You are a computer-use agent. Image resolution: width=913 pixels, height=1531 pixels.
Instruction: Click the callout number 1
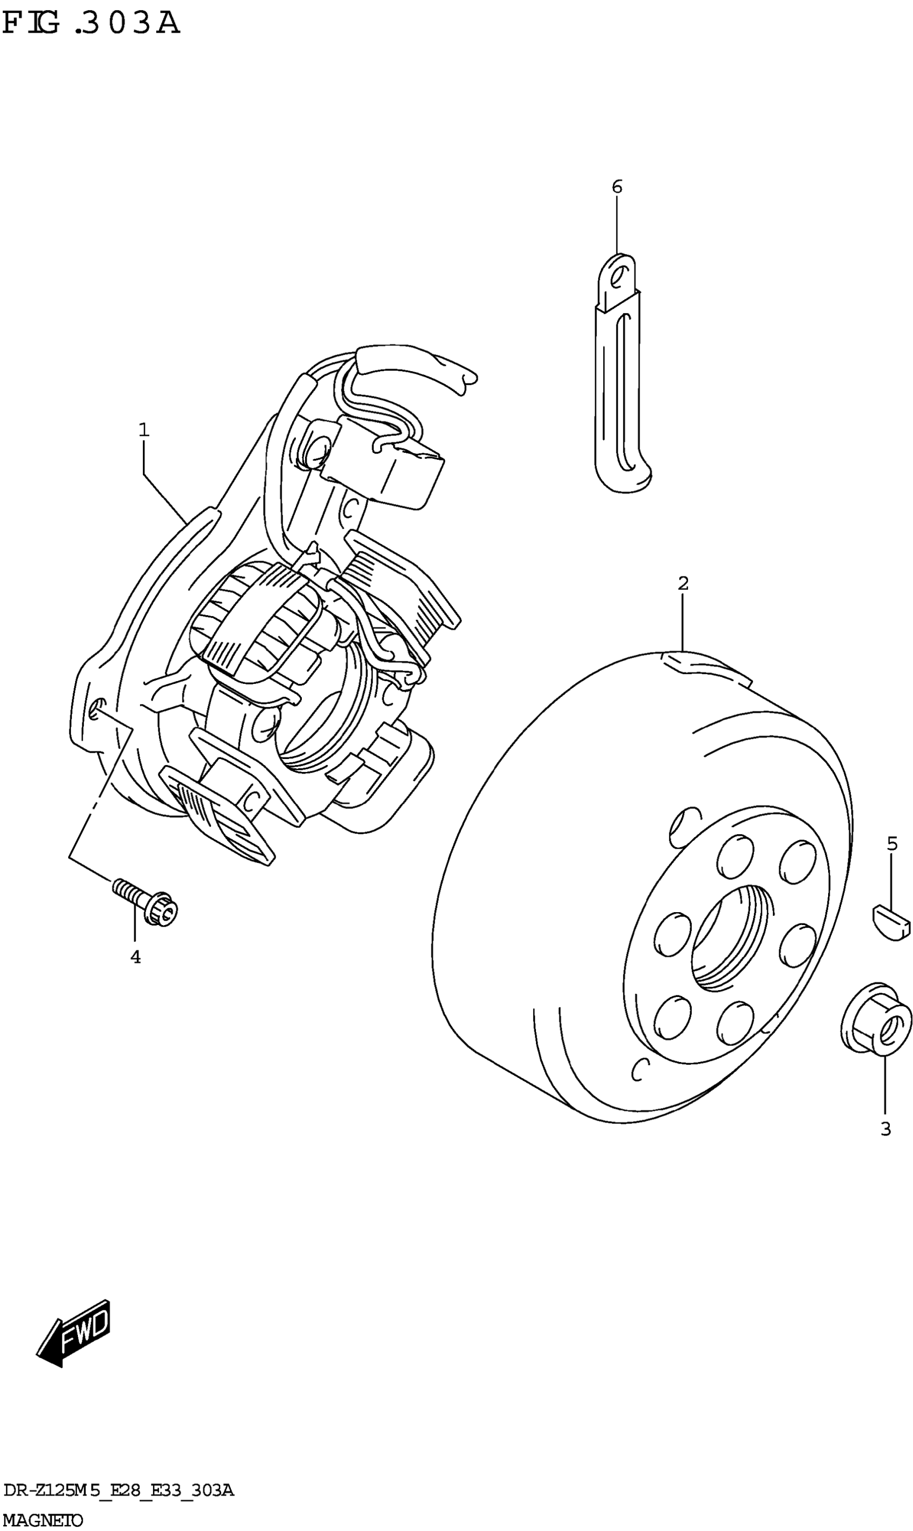tap(143, 430)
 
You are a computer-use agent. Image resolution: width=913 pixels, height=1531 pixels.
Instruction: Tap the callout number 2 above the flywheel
tap(683, 583)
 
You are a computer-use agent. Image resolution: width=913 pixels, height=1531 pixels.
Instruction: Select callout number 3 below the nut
tap(885, 1129)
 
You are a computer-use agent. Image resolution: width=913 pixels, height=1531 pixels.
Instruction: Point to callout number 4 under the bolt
tap(135, 957)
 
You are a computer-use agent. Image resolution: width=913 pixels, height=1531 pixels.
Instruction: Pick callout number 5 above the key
tap(892, 843)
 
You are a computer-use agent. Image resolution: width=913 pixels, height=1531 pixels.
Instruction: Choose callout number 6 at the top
tap(617, 186)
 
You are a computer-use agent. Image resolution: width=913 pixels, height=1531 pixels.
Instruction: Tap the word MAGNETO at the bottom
tap(42, 1520)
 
